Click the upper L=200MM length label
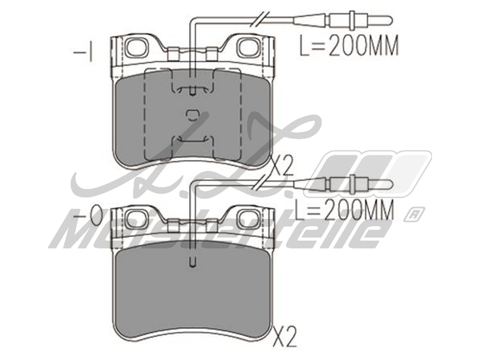click(x=349, y=47)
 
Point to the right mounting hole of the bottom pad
click(x=245, y=218)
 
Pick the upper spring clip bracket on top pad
click(x=191, y=89)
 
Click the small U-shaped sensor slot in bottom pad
click(x=191, y=262)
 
